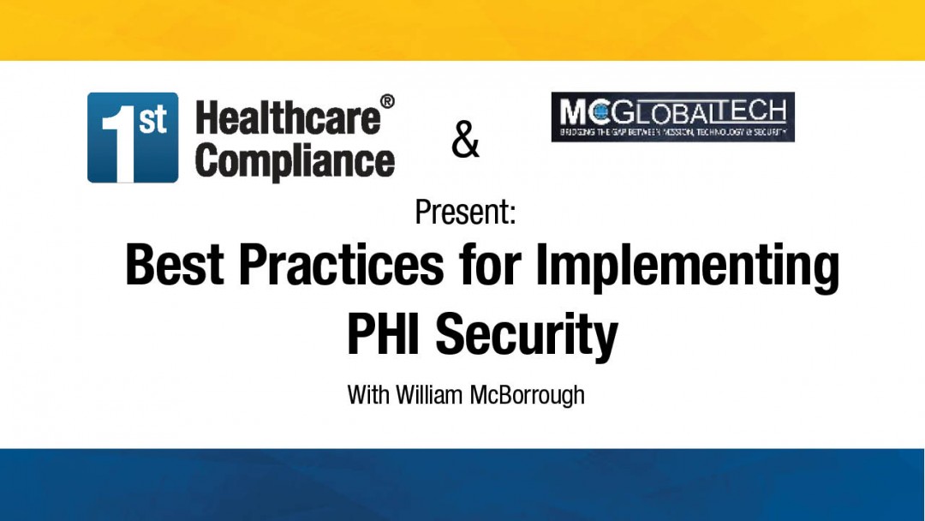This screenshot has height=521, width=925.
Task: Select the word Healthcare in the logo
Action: tap(287, 117)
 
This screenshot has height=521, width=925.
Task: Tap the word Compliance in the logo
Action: tap(295, 160)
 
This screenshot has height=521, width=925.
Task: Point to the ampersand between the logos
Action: tap(465, 141)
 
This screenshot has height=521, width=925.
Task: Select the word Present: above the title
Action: tap(465, 211)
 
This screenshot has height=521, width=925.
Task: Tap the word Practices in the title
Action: tap(341, 265)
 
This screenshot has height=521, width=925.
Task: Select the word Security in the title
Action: tap(526, 336)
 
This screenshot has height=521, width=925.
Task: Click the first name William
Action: tap(436, 395)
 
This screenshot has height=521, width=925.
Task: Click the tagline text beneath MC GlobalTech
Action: tap(672, 133)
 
